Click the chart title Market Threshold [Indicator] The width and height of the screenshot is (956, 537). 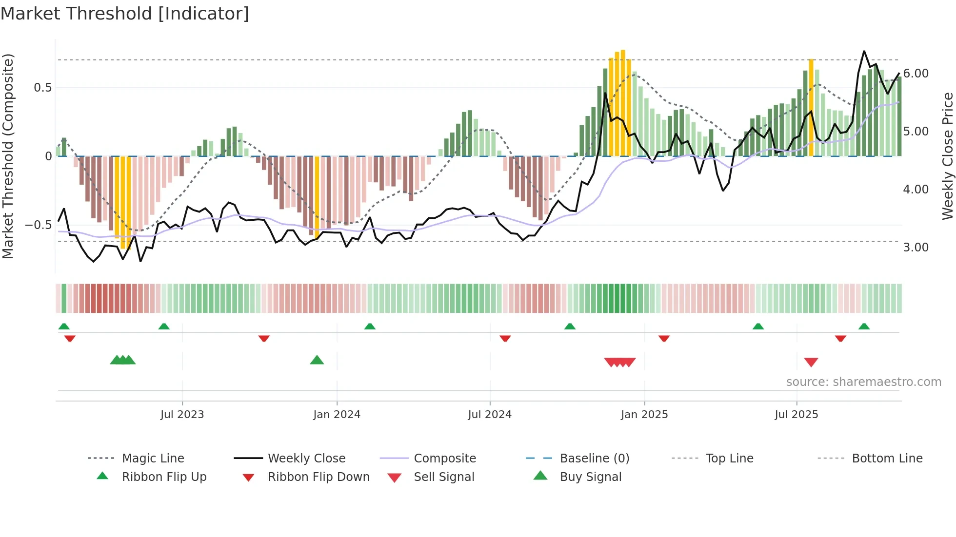point(125,14)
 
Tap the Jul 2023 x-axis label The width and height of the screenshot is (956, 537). point(182,415)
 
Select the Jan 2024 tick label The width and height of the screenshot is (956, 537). point(337,415)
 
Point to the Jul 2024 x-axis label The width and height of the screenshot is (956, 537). point(490,415)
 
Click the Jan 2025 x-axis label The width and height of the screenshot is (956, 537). point(644,415)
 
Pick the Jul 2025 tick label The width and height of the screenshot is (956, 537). point(797,415)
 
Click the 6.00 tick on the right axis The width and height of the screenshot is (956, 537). point(916,74)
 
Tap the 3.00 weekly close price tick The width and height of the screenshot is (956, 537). point(916,248)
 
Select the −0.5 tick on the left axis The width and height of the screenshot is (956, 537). point(38,225)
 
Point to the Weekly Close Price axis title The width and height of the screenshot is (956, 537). point(947,156)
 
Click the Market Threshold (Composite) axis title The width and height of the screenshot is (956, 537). point(8,156)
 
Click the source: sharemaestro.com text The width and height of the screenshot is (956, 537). point(863,382)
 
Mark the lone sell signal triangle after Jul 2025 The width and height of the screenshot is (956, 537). point(811,362)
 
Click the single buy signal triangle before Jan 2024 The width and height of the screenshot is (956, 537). point(317,360)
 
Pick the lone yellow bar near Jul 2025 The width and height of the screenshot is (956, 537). point(811,107)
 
